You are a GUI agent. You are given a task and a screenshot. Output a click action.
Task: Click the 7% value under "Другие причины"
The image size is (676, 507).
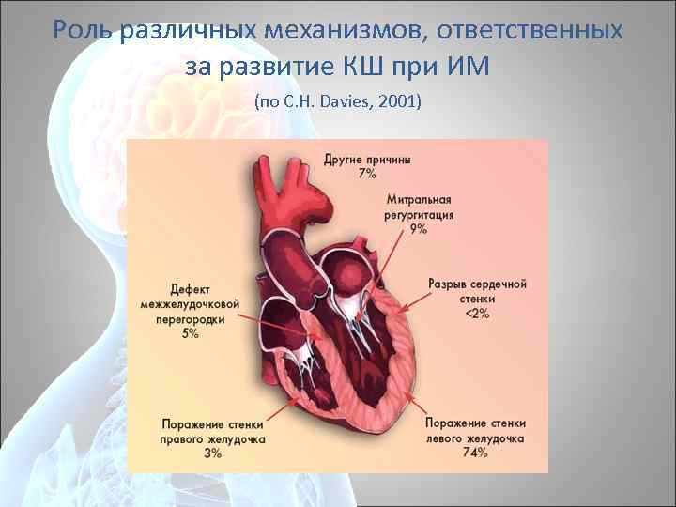(x=367, y=174)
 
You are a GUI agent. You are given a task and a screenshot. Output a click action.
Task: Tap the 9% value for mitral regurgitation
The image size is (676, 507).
(x=418, y=228)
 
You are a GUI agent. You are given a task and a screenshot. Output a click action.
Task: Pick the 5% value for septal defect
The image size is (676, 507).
(x=191, y=333)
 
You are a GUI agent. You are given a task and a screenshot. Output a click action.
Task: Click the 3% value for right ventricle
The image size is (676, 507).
(x=212, y=453)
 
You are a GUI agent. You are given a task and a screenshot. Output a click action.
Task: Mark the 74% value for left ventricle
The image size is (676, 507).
(x=475, y=453)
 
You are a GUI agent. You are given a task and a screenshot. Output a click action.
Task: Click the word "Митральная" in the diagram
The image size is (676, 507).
(x=419, y=201)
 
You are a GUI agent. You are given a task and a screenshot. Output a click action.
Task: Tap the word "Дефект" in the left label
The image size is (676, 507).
(x=191, y=289)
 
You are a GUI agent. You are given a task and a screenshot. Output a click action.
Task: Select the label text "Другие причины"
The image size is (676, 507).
(x=367, y=160)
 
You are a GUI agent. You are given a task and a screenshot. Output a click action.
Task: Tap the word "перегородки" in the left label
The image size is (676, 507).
(x=191, y=318)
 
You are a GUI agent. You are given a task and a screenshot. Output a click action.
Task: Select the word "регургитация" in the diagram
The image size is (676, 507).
(x=419, y=215)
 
